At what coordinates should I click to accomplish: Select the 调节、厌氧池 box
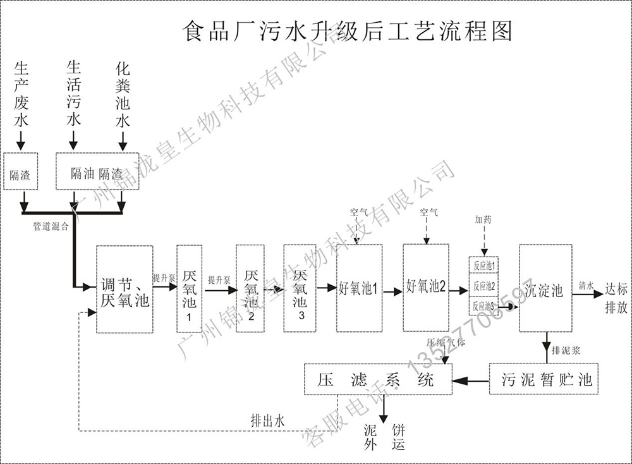(x=125, y=289)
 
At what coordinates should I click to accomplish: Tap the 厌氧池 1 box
(x=189, y=289)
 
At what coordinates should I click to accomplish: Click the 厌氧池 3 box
(x=299, y=288)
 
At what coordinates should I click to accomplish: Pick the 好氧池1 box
(x=359, y=288)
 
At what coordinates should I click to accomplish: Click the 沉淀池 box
(x=545, y=288)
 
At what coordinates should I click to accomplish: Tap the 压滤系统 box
(x=378, y=379)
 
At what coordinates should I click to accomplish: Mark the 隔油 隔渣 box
(x=97, y=171)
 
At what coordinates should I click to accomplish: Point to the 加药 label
(x=483, y=219)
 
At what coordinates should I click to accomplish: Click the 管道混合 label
(x=51, y=226)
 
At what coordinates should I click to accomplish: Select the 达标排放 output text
(x=616, y=297)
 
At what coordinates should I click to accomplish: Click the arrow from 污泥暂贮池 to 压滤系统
(x=471, y=380)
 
